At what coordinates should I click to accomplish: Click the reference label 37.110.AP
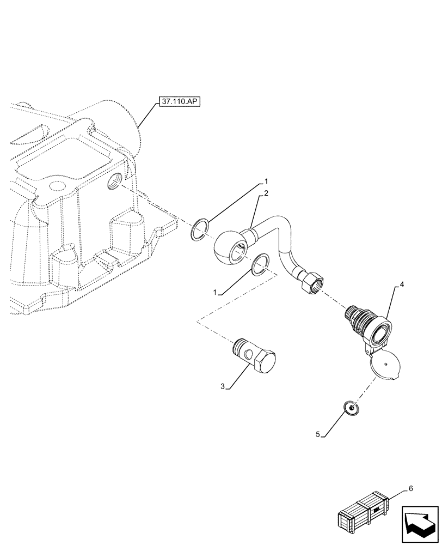pos(179,102)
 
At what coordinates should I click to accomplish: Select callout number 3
pos(223,386)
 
